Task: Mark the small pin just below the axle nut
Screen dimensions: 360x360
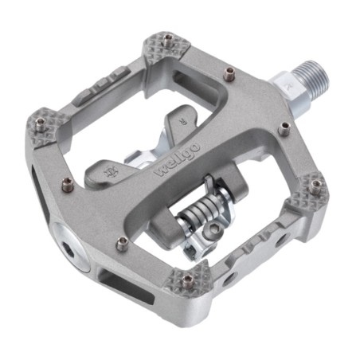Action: click(282, 125)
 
